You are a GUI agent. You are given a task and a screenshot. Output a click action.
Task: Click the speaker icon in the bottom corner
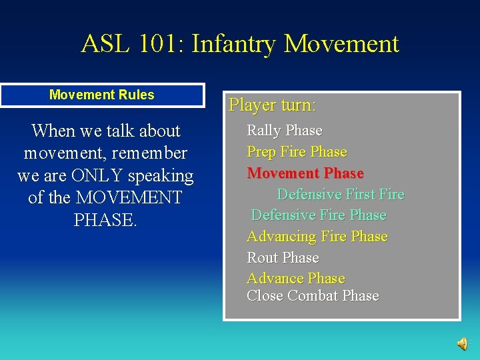point(461,343)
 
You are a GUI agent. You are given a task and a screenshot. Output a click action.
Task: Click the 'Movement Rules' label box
point(102,95)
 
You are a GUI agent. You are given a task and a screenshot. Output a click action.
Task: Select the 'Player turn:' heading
point(272,105)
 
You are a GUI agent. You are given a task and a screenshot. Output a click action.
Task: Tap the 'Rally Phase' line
point(284,131)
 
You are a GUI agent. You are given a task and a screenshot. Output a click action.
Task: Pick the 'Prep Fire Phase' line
point(297,152)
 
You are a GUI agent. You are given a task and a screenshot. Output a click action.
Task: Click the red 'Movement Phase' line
point(305,173)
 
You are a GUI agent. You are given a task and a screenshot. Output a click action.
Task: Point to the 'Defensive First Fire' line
point(340,195)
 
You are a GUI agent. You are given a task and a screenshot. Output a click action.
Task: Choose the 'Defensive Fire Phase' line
point(318,215)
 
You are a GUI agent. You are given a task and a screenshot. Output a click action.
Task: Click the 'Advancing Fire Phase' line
point(317,237)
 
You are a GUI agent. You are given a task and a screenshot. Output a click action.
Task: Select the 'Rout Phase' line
point(283,258)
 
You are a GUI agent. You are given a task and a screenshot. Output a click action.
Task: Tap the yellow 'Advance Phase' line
point(295,279)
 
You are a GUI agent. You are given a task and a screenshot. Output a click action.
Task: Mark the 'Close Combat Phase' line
point(312,296)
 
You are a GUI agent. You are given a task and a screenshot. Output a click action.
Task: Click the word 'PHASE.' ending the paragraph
point(105,220)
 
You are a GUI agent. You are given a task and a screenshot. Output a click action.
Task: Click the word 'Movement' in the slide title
point(341,44)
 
